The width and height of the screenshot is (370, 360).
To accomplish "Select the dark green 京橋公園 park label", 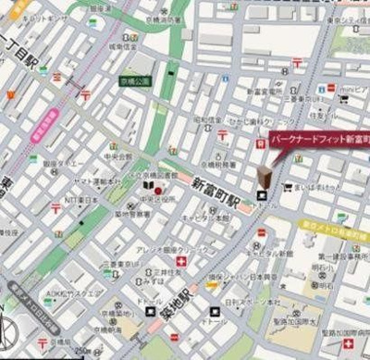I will [136, 82].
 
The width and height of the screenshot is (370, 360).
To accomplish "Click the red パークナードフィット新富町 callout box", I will [319, 139].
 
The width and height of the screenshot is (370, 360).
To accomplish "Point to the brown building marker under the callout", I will [265, 178].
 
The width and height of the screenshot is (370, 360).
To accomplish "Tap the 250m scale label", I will [84, 353].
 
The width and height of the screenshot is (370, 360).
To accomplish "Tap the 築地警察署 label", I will [117, 213].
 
